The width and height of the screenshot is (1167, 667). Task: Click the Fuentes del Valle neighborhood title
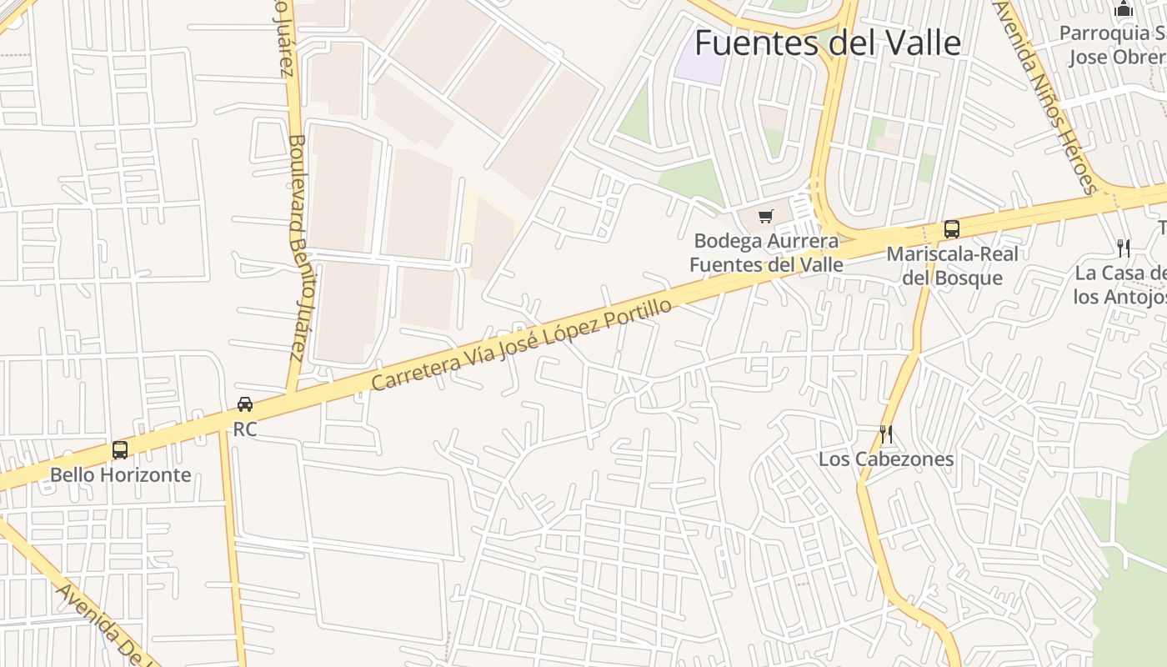point(828,43)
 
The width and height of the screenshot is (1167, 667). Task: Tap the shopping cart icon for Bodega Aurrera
point(766,217)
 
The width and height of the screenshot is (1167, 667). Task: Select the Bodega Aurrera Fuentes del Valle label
point(767,253)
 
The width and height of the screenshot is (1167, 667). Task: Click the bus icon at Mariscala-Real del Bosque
point(951,228)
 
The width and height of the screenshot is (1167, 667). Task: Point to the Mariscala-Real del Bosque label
point(952,265)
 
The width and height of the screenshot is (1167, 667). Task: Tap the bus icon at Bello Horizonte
point(120,450)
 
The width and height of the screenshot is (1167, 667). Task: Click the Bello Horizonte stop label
point(120,475)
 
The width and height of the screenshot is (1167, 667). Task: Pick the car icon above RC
point(244,404)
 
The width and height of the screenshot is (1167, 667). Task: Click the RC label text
point(244,429)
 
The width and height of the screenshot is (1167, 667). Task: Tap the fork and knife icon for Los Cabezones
point(886,434)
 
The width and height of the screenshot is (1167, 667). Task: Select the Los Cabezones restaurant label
point(886,459)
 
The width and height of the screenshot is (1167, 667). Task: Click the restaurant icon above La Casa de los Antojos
point(1124,248)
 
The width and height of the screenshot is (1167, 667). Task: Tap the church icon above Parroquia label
point(1124,9)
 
